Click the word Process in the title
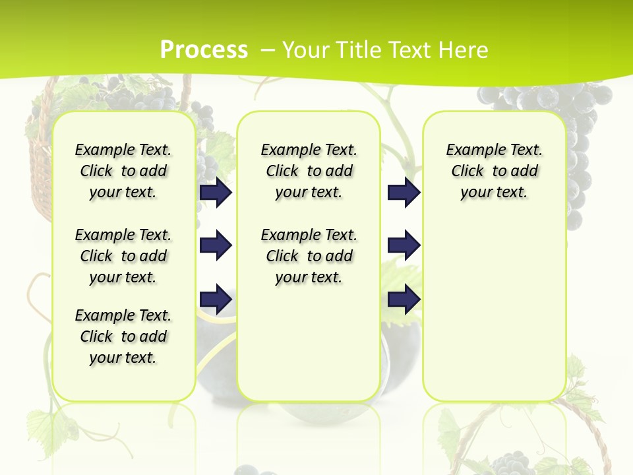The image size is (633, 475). [204, 50]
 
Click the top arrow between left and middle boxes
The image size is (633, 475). [216, 192]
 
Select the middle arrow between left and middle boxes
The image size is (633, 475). [216, 245]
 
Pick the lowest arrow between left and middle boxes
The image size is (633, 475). [216, 299]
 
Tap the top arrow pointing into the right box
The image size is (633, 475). [404, 192]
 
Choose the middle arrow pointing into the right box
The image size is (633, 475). [404, 245]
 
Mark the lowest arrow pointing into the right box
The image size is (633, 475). [404, 299]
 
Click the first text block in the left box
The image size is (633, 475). [123, 171]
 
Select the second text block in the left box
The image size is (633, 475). [123, 256]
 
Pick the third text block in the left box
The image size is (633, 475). [123, 336]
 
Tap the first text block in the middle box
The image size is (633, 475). [309, 171]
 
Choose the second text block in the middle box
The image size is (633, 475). [309, 256]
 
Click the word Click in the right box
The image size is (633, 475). [467, 171]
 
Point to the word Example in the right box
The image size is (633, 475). [471, 150]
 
